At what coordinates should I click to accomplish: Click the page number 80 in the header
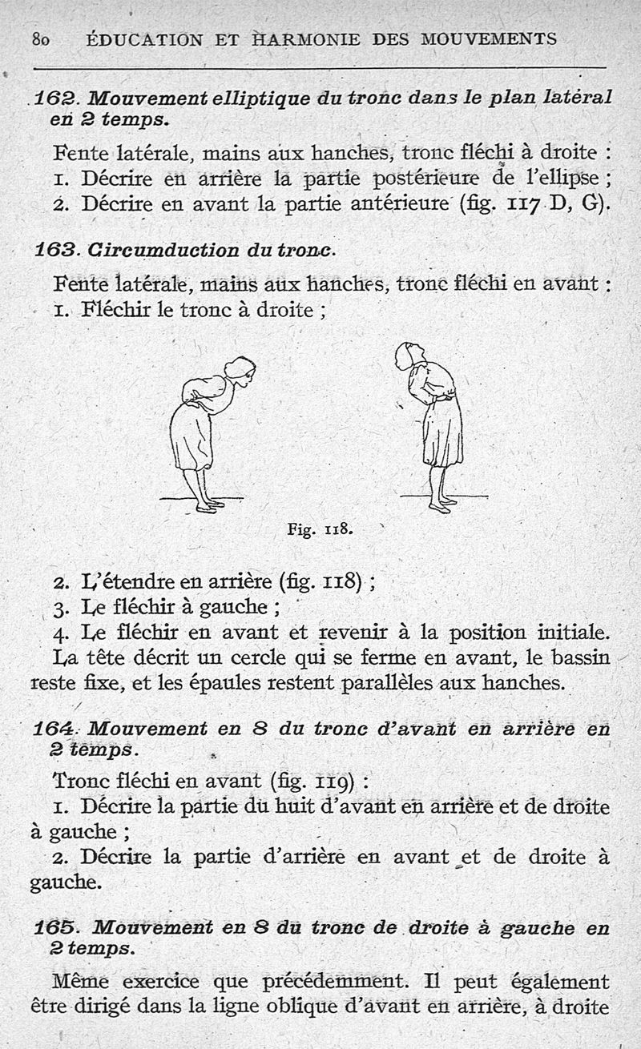(x=41, y=38)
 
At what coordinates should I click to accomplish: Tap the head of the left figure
(x=240, y=370)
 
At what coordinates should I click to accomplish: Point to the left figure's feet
(x=208, y=504)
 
